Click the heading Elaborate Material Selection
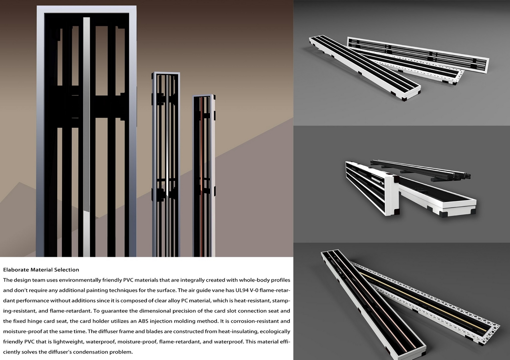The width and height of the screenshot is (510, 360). click(41, 270)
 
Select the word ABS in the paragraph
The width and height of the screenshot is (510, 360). click(143, 321)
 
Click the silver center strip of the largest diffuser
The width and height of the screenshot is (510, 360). click(86, 136)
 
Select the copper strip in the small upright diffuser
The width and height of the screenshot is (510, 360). click(202, 176)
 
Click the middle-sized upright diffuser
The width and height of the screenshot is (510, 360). click(166, 164)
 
